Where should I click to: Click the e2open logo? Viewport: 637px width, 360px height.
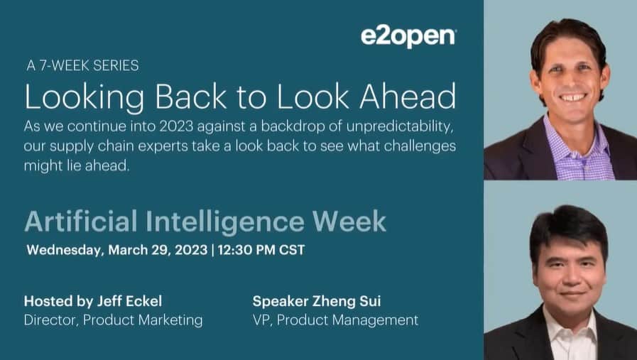(408, 37)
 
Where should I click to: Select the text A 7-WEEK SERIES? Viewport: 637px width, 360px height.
(82, 66)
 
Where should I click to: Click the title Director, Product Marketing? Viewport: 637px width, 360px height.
(113, 320)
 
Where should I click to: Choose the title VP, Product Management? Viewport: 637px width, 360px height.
(335, 320)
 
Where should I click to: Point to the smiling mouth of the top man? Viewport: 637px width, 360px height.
(572, 97)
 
